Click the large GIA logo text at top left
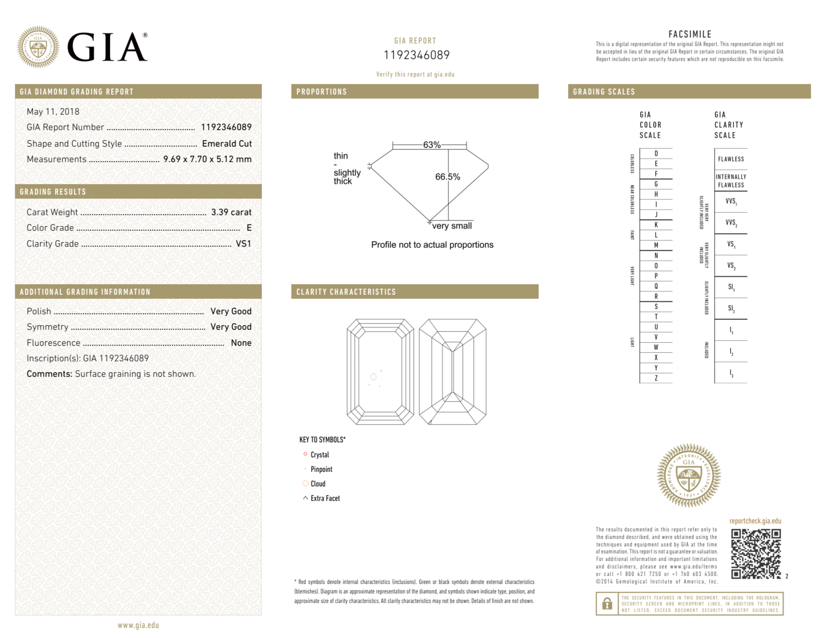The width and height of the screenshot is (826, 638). point(107,47)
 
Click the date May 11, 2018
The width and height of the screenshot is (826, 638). point(53,111)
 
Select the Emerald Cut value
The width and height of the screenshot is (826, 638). point(227,144)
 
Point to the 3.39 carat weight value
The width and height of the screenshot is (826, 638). point(231,212)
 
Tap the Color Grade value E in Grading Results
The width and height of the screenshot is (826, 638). point(249,228)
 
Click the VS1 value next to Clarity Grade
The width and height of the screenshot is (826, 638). point(243,244)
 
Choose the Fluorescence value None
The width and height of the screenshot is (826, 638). point(241,343)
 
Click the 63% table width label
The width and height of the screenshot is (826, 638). point(432,145)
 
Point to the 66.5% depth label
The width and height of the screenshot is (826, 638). point(447,177)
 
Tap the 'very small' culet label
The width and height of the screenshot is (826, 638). point(452,226)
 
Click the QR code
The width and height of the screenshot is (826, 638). point(756,554)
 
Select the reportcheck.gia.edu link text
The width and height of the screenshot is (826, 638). point(755,521)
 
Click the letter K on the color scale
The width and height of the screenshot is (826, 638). point(656,225)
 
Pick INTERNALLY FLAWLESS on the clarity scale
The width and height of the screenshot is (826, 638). point(731,181)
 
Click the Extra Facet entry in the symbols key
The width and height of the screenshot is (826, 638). point(325,499)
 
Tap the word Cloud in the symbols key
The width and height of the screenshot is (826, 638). point(318,484)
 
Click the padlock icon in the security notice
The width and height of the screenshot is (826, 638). point(607,604)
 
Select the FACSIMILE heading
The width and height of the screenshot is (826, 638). point(690,34)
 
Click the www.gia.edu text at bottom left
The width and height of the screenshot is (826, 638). point(138,625)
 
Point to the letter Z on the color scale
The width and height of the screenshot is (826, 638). point(656,378)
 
